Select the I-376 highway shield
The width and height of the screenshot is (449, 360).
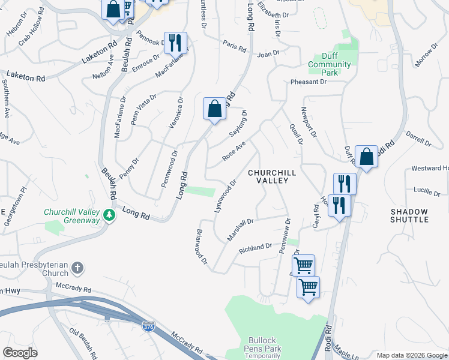coord(147,327)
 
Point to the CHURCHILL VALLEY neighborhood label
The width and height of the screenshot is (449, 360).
coord(272,176)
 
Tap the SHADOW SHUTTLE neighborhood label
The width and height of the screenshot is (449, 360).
coord(409,215)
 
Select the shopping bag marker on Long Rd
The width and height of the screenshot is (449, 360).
coord(214,110)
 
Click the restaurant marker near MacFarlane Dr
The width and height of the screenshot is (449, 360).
coord(175,43)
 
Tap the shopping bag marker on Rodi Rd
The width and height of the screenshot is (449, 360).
coord(366,157)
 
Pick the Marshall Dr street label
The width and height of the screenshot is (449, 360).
coord(241,230)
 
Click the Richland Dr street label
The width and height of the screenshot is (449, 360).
coord(256,248)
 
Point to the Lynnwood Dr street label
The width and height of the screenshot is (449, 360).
coord(225,196)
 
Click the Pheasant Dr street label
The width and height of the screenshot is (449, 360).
coord(308,82)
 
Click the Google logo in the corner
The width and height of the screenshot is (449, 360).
coord(20,353)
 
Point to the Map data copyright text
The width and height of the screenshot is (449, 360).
coord(411,355)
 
